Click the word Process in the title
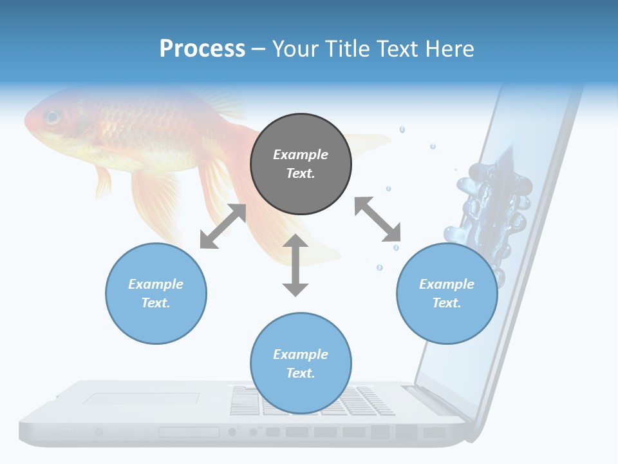point(202,49)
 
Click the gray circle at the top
point(301,164)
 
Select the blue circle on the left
point(156,293)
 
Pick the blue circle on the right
point(447,293)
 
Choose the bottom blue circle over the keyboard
point(301,363)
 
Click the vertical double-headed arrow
point(295,265)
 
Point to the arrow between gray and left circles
point(223,227)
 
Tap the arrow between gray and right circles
point(378,220)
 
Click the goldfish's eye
point(51,117)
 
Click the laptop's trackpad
point(141,400)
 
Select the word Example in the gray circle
point(301,155)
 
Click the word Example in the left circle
point(156,284)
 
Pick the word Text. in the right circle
point(447,303)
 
